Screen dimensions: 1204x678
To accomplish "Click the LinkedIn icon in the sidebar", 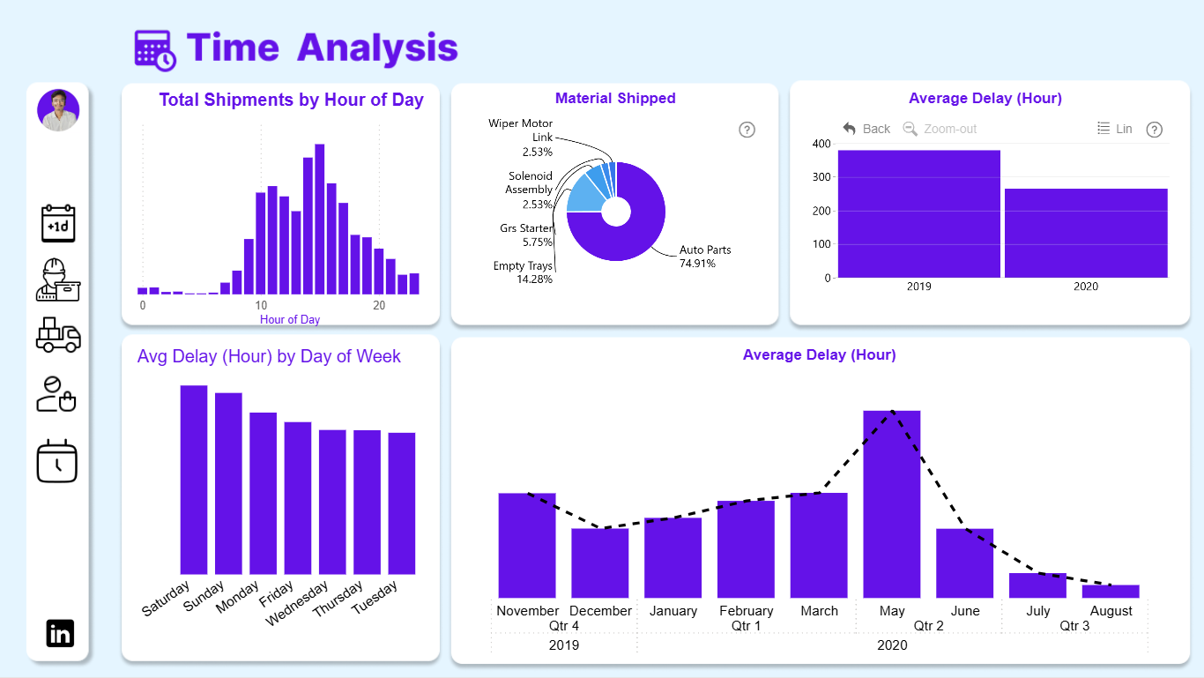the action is point(60,633).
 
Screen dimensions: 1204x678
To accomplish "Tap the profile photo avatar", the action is point(58,110).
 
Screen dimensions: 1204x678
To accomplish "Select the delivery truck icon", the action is point(58,334).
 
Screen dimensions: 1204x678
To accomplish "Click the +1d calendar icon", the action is point(58,223).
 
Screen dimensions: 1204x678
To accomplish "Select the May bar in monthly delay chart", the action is point(892,503).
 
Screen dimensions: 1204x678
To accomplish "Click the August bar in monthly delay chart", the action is point(1111,591).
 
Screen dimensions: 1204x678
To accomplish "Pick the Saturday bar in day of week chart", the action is point(194,480).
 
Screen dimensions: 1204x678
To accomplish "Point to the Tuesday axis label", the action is point(375,597).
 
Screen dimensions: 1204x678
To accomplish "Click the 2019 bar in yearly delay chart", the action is point(919,214).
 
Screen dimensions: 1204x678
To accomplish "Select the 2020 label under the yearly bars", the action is point(1086,287).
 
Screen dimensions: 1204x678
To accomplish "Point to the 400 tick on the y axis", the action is point(821,144).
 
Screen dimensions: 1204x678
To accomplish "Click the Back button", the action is point(866,129).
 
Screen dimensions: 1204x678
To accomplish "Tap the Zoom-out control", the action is point(940,129).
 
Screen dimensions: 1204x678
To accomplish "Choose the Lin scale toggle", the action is point(1115,129).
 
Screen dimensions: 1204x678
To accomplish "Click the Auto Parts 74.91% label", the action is point(704,257).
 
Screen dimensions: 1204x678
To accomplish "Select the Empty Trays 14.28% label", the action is point(523,272).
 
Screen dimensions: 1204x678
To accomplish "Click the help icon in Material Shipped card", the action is point(747,130).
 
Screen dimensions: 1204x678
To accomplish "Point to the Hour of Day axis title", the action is point(290,319).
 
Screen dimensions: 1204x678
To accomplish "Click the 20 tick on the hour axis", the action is point(379,305).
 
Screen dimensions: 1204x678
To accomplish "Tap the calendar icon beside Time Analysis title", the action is point(155,50).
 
